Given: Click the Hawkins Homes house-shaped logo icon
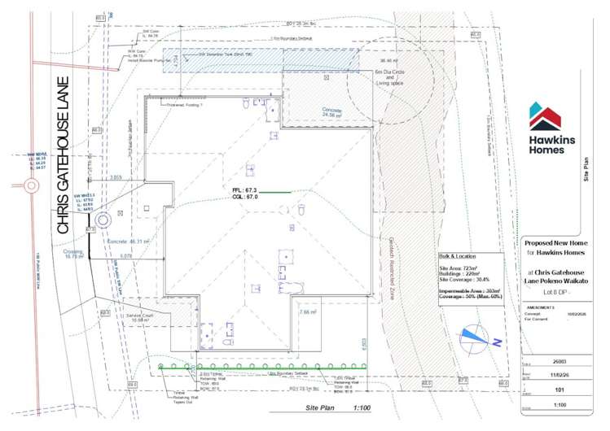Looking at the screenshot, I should tap(544, 115).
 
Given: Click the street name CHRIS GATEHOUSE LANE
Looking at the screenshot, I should tap(64, 155).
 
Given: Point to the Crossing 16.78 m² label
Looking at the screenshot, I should tap(73, 255).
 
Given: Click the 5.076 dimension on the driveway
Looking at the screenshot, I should tap(125, 256).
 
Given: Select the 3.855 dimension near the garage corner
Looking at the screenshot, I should tap(115, 176).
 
